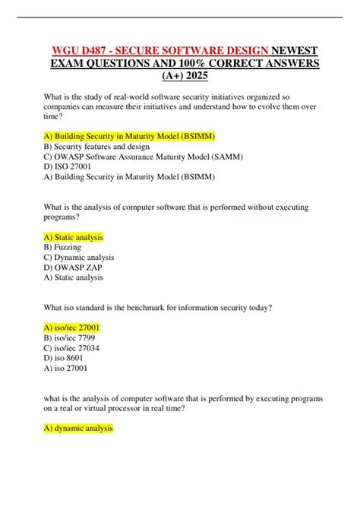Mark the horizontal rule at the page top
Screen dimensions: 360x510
pyautogui.click(x=179, y=17)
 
